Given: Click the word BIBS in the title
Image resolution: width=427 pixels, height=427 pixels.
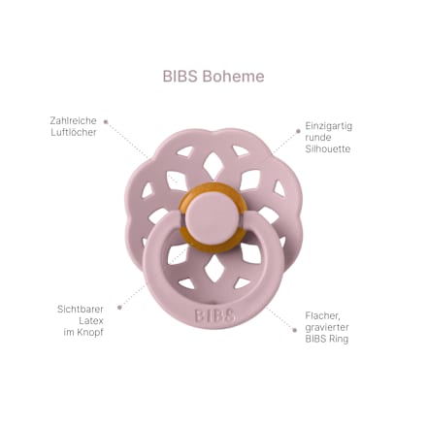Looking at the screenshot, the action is (x=180, y=77).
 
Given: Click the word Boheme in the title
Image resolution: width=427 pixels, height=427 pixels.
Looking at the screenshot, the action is (x=234, y=77).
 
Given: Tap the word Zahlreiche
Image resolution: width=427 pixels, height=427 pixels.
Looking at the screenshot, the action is (x=73, y=120).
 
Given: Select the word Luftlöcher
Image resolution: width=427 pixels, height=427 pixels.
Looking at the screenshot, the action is (x=74, y=132).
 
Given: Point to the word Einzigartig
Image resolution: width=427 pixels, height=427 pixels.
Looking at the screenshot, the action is (x=329, y=126).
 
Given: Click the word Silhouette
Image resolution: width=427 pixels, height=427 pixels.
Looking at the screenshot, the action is (x=328, y=148).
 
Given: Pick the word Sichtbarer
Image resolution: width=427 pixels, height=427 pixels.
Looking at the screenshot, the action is (x=81, y=309).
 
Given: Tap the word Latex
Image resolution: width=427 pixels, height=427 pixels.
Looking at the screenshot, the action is (x=91, y=320).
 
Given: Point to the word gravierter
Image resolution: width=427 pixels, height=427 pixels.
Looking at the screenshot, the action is (x=327, y=327).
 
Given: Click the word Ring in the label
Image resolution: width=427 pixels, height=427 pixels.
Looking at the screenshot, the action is (x=340, y=340).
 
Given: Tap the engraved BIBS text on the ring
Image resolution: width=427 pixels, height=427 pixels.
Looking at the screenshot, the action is (x=214, y=315).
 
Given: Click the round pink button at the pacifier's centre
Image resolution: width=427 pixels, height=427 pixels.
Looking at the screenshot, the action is (x=213, y=217).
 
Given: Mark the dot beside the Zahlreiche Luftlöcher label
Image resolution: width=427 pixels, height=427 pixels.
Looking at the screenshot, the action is (x=106, y=121).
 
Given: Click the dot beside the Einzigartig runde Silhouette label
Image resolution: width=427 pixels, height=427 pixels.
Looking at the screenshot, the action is (x=298, y=131).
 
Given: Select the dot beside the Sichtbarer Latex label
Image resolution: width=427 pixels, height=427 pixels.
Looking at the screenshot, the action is (x=119, y=308).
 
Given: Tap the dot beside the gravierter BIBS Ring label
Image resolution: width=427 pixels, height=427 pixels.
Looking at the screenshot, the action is (x=295, y=330).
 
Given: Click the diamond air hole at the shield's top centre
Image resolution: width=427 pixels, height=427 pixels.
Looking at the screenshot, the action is (x=213, y=166).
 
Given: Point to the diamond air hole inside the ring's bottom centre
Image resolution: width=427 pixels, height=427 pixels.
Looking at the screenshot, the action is (x=214, y=267).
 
